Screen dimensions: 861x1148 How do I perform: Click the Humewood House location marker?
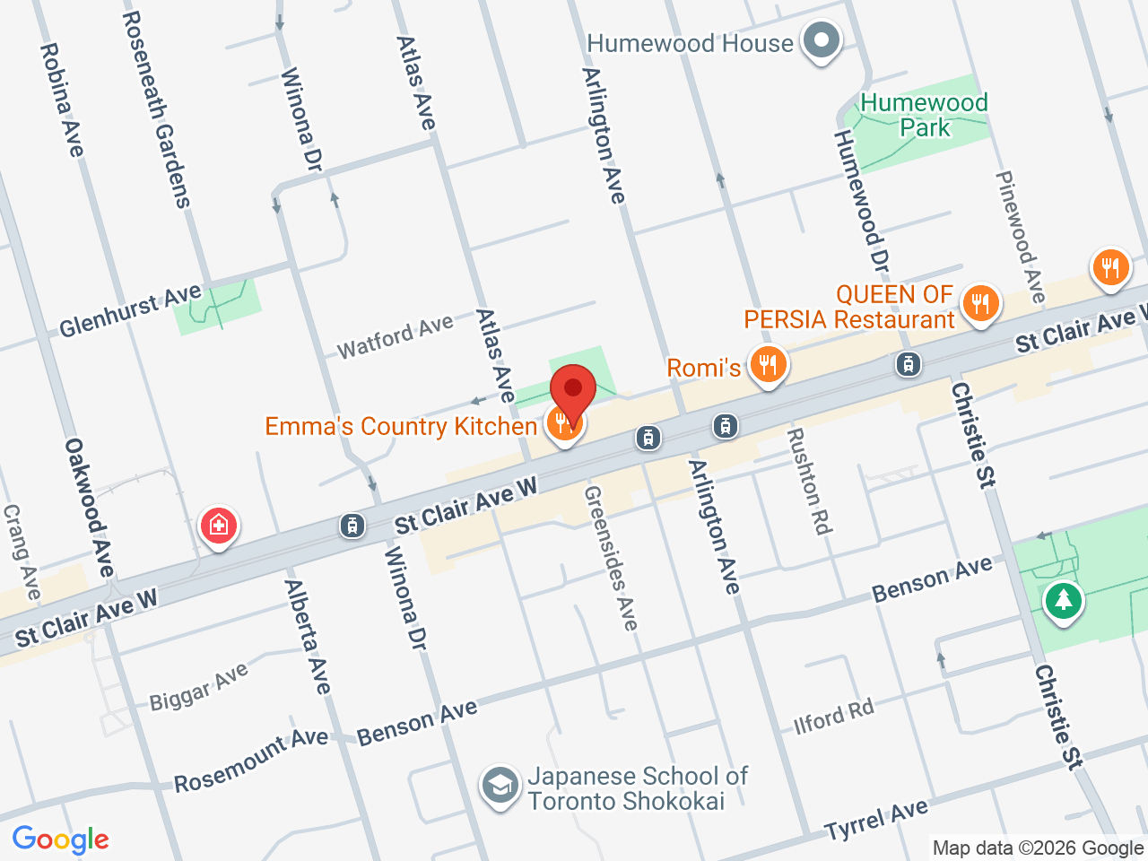(820, 41)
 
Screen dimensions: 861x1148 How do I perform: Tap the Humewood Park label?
(924, 115)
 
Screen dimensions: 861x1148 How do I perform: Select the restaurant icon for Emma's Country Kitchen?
(564, 422)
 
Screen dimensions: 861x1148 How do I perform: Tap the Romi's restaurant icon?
(769, 365)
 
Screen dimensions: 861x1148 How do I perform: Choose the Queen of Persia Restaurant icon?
(980, 304)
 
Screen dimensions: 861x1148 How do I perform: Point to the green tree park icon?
(1064, 599)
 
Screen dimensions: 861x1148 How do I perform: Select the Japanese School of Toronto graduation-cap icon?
(500, 786)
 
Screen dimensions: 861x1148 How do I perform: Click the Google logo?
(60, 840)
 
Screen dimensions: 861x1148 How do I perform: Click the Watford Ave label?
(396, 336)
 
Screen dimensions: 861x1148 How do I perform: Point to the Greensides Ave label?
(611, 558)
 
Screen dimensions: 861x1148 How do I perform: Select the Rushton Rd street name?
(808, 482)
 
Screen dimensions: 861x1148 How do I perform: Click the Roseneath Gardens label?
(157, 109)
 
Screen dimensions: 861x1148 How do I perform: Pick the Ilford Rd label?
(833, 717)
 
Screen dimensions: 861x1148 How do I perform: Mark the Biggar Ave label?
(198, 688)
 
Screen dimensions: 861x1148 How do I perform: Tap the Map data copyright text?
(1038, 848)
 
